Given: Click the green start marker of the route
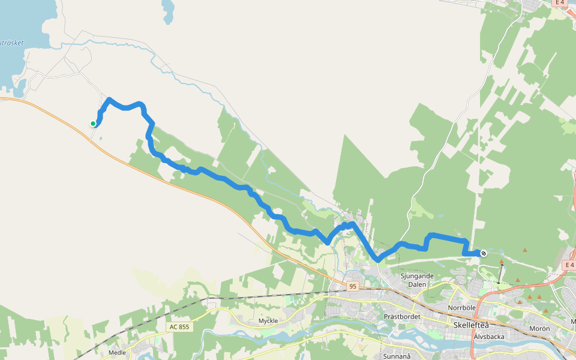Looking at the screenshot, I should pyautogui.click(x=93, y=124).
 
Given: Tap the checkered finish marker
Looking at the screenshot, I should pyautogui.click(x=483, y=253).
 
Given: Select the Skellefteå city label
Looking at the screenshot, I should pyautogui.click(x=471, y=325).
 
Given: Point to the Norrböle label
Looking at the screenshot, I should pyautogui.click(x=461, y=308).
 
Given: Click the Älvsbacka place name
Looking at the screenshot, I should pyautogui.click(x=488, y=337).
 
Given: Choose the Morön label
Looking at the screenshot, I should pyautogui.click(x=539, y=329).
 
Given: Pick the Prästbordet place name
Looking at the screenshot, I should pyautogui.click(x=402, y=316).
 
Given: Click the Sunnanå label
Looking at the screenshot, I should pyautogui.click(x=396, y=356).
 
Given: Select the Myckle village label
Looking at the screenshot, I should pyautogui.click(x=268, y=321).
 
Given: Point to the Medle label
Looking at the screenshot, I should pyautogui.click(x=117, y=353).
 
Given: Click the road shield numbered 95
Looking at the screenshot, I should pyautogui.click(x=353, y=286).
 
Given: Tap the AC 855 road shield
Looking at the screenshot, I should pyautogui.click(x=179, y=327).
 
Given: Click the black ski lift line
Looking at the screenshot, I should pyautogui.click(x=500, y=274).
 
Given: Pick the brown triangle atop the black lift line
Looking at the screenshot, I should pyautogui.click(x=502, y=262).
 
